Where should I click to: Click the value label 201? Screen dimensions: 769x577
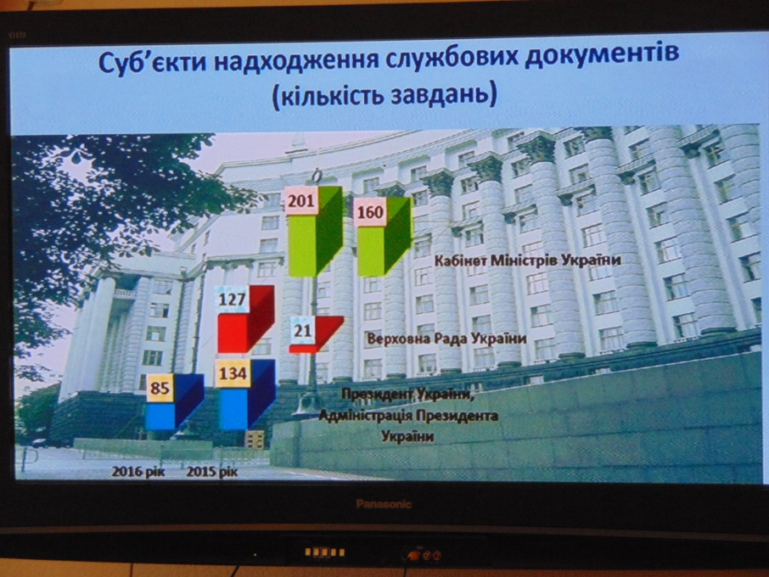pos(301,200)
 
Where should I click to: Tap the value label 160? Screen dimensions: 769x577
pos(370,212)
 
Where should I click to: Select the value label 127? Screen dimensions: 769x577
pos(233,300)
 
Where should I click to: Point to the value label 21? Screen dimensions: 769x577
pos(303,330)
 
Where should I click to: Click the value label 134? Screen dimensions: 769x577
pos(233,373)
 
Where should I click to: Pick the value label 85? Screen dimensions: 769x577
pos(160,389)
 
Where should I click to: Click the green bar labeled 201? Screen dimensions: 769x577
pos(314,232)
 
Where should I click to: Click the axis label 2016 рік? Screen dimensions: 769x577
pos(139,471)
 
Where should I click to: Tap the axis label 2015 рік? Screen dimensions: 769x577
pos(212,472)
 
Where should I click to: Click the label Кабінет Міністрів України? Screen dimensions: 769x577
pos(528,260)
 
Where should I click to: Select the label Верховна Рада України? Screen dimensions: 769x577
pos(447,339)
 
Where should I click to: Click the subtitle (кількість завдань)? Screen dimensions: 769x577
pos(385,94)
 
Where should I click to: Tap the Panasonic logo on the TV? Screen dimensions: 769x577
pos(384,503)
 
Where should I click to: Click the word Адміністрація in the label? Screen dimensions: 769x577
pos(364,416)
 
